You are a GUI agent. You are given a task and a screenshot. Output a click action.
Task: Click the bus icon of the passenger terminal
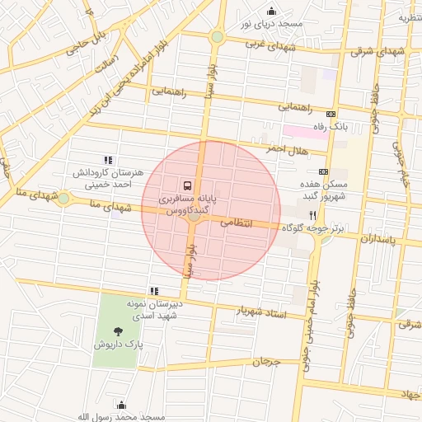(x=188, y=185)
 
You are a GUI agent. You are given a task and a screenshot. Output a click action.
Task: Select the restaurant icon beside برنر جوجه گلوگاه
(x=312, y=214)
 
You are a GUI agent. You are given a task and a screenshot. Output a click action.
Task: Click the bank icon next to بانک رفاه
(x=331, y=115)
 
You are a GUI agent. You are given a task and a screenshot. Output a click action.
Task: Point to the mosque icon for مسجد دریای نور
(x=271, y=11)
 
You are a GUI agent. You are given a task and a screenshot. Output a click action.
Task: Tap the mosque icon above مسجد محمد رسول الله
(x=122, y=405)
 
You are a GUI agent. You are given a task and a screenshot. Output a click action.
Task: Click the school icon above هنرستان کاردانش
(x=107, y=160)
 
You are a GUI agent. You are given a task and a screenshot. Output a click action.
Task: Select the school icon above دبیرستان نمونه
(x=153, y=291)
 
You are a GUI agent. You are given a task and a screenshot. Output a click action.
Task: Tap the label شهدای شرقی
(x=378, y=51)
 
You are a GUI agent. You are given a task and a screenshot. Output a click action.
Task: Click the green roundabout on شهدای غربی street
(x=217, y=37)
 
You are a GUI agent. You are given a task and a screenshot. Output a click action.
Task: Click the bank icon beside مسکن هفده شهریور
(x=323, y=172)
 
